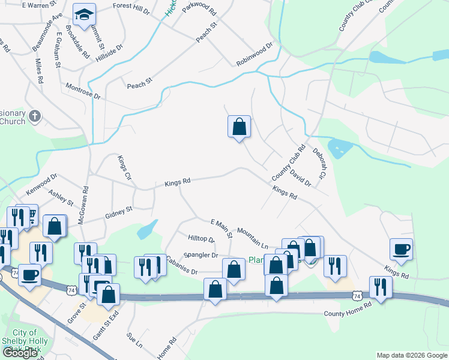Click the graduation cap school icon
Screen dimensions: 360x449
click(84, 14)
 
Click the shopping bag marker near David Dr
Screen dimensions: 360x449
click(239, 127)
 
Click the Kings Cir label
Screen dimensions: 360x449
click(124, 167)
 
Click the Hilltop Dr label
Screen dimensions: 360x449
click(201, 238)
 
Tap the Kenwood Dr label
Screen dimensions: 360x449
click(41, 185)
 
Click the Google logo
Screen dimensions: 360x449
click(20, 353)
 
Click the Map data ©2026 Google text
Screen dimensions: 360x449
click(411, 355)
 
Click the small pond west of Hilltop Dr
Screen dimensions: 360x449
click(147, 229)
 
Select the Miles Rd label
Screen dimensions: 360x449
click(39, 71)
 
